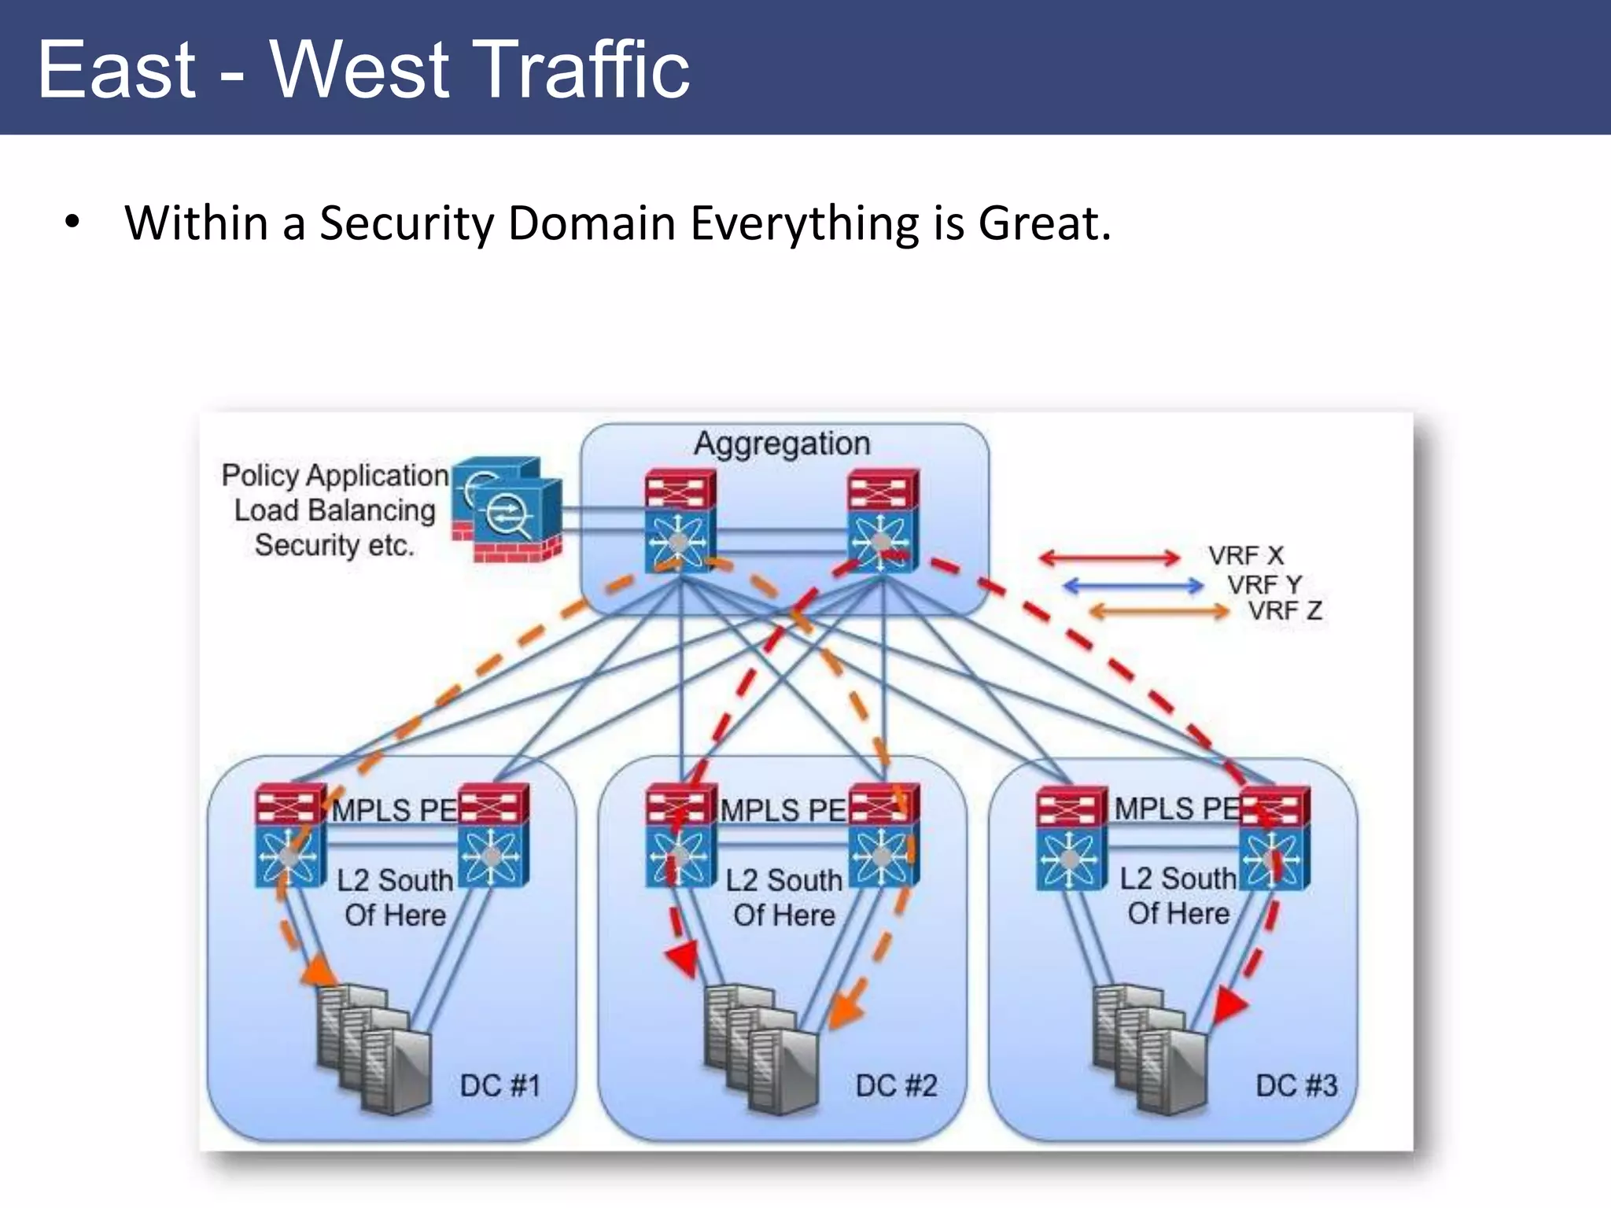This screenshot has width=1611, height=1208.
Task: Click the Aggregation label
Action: pyautogui.click(x=781, y=444)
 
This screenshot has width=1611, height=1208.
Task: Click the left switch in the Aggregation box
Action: pyautogui.click(x=680, y=521)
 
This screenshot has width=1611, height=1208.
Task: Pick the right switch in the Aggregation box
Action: pyautogui.click(x=883, y=521)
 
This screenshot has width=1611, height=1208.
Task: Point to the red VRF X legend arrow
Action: pyautogui.click(x=1109, y=558)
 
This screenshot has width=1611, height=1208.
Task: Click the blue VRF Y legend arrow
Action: pyautogui.click(x=1133, y=585)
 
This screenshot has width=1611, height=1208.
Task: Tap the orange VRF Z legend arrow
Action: pyautogui.click(x=1158, y=611)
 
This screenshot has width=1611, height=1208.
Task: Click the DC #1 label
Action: pyautogui.click(x=500, y=1086)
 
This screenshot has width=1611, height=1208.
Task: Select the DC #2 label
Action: pyautogui.click(x=896, y=1086)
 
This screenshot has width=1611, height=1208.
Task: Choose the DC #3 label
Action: pyautogui.click(x=1296, y=1086)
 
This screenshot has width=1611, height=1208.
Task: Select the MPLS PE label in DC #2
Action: pyautogui.click(x=783, y=810)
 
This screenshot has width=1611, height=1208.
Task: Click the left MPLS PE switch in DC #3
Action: pyautogui.click(x=1071, y=838)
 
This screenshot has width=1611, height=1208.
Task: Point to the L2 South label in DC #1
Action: pyautogui.click(x=395, y=881)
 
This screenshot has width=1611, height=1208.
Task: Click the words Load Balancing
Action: pyautogui.click(x=334, y=510)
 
